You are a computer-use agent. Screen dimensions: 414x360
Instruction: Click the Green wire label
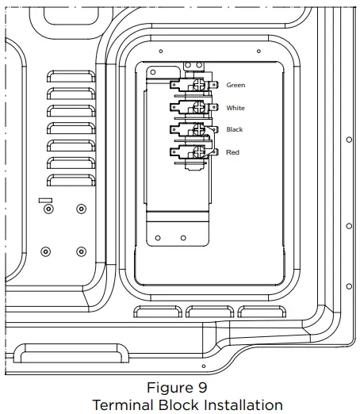point(236,85)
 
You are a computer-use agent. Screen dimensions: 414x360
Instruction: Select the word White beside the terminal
point(236,108)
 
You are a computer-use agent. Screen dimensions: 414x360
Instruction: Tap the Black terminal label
point(235,129)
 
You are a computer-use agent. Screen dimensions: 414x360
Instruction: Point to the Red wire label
point(232,151)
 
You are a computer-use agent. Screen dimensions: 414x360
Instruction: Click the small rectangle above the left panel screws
point(45,201)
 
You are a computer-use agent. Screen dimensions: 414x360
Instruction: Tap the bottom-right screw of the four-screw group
point(81,251)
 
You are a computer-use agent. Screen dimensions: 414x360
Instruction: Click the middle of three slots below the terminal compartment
point(213,312)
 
